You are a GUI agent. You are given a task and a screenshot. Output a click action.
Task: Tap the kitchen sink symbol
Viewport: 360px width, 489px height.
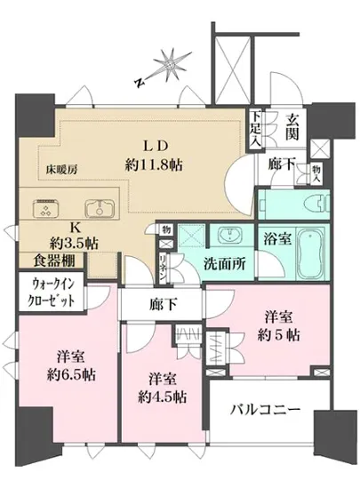102,209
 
